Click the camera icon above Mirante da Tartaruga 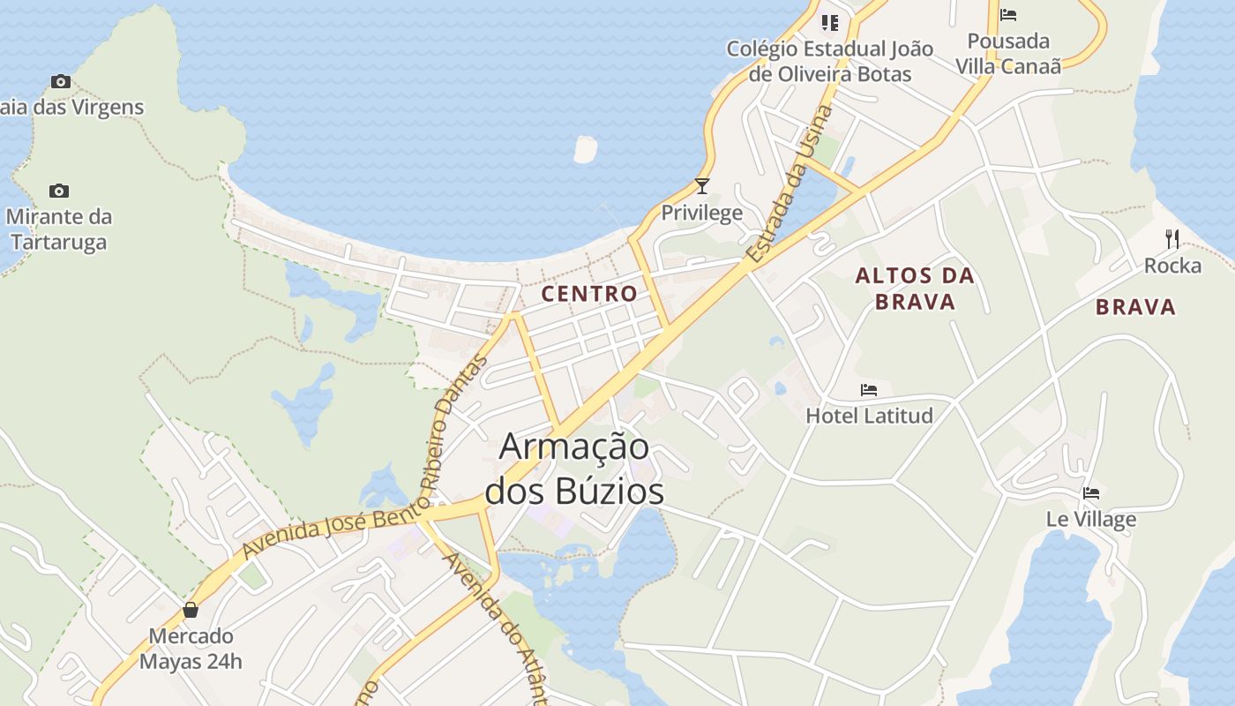(59, 191)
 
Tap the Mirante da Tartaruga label (58, 229)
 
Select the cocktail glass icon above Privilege (702, 186)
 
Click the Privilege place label (702, 213)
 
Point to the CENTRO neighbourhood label (589, 294)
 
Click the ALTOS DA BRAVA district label (915, 289)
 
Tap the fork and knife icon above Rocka (1172, 238)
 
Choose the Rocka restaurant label (1172, 266)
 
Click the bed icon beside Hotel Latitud (869, 389)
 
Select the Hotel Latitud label (869, 415)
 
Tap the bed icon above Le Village (1091, 493)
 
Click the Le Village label (1091, 519)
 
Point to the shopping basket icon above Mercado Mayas (191, 610)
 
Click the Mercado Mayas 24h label (191, 649)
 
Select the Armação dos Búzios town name (574, 469)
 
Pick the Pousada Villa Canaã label (1008, 53)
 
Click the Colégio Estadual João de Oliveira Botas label (829, 61)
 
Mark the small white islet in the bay (585, 149)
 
